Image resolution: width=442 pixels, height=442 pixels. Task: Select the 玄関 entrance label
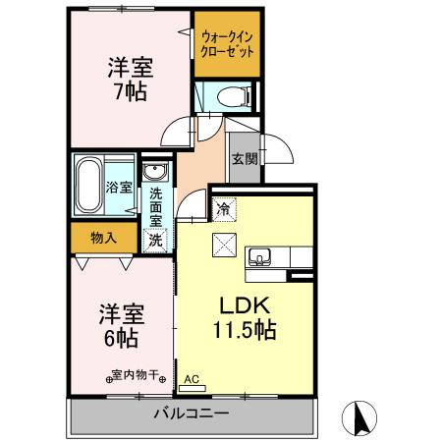pyautogui.click(x=245, y=159)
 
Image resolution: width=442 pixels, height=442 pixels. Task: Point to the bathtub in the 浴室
pyautogui.click(x=87, y=184)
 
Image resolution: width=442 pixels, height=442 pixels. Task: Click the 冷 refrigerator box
pyautogui.click(x=224, y=208)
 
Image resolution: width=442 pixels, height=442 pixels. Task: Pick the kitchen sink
pyautogui.click(x=260, y=257)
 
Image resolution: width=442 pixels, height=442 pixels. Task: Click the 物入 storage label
pyautogui.click(x=103, y=236)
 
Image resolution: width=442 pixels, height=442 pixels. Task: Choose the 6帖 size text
pyautogui.click(x=120, y=339)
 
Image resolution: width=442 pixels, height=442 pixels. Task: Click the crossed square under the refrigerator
pyautogui.click(x=224, y=244)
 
